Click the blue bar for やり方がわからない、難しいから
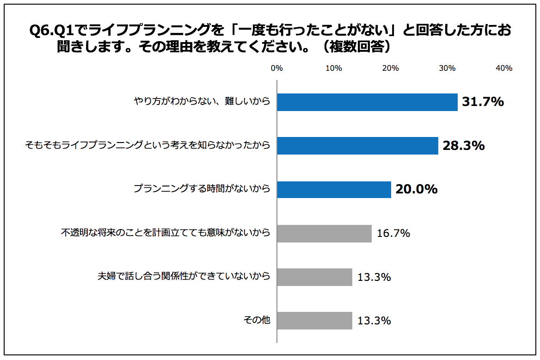[x=367, y=102]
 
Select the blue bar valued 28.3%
[x=357, y=146]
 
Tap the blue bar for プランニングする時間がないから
[x=334, y=189]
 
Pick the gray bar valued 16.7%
[x=324, y=233]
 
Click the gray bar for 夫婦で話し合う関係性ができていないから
[x=314, y=277]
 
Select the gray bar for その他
[x=314, y=320]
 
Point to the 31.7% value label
[x=483, y=102]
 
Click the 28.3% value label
[x=464, y=146]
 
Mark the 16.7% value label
[x=393, y=233]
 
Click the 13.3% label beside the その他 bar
[x=374, y=320]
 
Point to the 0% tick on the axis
[x=276, y=68]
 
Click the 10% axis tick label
[x=333, y=68]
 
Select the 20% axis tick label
[x=390, y=68]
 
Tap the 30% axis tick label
[x=447, y=68]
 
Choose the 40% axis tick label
[x=503, y=68]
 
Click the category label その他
[x=257, y=320]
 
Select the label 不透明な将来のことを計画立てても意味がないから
[x=166, y=233]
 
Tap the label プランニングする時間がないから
[x=202, y=189]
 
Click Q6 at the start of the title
[x=37, y=31]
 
